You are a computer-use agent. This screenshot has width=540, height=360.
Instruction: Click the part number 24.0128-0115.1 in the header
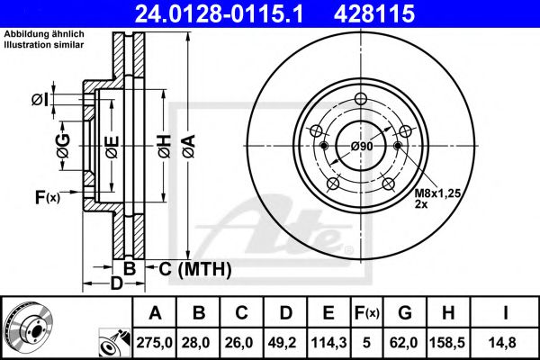tap(219, 13)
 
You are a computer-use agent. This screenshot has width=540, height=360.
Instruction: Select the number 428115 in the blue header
tap(374, 13)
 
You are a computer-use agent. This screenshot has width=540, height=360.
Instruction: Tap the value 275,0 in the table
tap(154, 343)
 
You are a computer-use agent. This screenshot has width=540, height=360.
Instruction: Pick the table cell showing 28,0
tap(198, 343)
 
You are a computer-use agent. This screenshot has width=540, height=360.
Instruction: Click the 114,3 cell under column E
tap(328, 343)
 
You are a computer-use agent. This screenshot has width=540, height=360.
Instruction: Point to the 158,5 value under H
tap(448, 343)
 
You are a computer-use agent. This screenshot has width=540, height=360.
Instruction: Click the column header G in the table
tap(405, 313)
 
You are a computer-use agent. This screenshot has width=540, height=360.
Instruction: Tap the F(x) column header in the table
tap(366, 313)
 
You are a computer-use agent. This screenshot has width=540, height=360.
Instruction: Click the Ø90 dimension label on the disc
tap(362, 146)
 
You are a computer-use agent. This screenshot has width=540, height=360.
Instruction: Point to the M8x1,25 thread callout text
tap(437, 193)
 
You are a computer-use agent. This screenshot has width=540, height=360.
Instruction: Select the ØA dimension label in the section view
tap(189, 146)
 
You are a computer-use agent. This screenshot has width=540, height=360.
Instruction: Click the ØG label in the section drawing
tap(63, 146)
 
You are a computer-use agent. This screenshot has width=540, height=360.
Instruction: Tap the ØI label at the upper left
tap(40, 100)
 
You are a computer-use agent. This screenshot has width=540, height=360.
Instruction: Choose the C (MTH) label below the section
tap(195, 269)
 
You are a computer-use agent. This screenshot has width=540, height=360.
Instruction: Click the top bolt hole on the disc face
tap(361, 99)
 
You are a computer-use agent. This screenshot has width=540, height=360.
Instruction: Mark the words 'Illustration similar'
tap(44, 44)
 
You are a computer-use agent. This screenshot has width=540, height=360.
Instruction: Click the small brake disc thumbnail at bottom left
tap(28, 328)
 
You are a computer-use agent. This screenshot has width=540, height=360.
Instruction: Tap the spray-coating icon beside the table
tap(114, 343)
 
